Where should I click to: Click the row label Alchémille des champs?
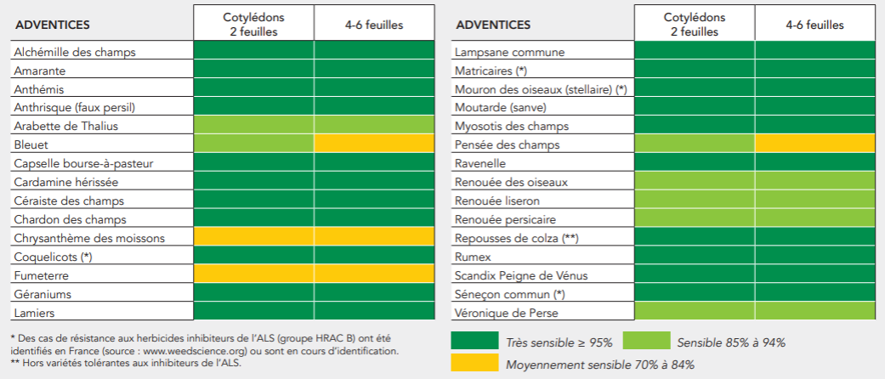pos(75,52)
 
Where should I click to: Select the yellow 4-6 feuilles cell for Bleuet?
pos(374,144)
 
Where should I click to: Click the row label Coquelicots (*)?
pos(53,257)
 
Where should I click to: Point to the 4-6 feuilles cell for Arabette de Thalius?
pos(374,125)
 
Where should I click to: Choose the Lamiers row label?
pos(34,313)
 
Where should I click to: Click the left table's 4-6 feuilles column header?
pos(374,25)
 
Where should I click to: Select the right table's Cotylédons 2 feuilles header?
pos(695,25)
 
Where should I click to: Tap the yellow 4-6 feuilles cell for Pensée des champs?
pos(815,144)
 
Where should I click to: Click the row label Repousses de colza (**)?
pos(517,238)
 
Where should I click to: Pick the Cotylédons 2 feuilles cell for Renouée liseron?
pos(695,200)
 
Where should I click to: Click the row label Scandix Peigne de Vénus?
pos(521,275)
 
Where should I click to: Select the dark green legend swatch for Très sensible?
pos(474,341)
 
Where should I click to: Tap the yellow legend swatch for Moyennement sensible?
pos(474,363)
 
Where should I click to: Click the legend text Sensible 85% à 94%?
pos(730,342)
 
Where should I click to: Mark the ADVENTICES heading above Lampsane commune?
pos(493,25)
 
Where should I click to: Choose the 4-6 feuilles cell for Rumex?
pos(815,256)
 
